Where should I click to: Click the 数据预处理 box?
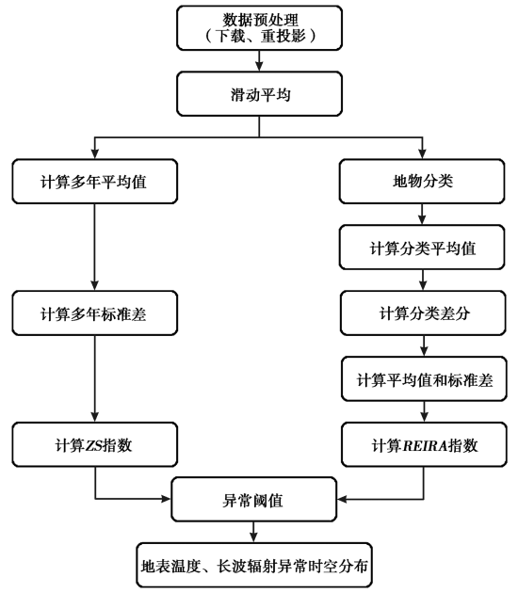coord(260,27)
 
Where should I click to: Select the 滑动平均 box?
coord(260,94)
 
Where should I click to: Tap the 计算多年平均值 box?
coord(94,182)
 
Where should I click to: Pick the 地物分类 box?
coord(422,182)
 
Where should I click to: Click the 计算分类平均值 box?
coord(422,248)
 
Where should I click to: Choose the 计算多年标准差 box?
coord(94,313)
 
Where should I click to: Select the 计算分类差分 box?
coord(423,313)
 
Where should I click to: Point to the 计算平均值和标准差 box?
coord(424,379)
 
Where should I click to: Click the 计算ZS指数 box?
coord(94,444)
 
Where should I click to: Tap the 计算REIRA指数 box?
coord(424,444)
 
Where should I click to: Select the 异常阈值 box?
coord(254,500)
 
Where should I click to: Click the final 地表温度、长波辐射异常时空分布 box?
coord(254,565)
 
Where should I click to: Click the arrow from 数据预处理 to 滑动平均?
coord(259,60)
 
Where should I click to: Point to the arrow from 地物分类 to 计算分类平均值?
coord(422,215)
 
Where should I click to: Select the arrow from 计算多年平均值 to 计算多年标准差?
coord(94,248)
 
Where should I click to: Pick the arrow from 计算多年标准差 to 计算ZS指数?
coord(94,379)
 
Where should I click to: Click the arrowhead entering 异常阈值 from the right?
coord(342,499)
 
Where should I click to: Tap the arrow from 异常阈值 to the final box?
coord(253,533)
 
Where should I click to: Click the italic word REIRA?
coord(425,445)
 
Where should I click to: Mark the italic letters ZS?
coord(94,445)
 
